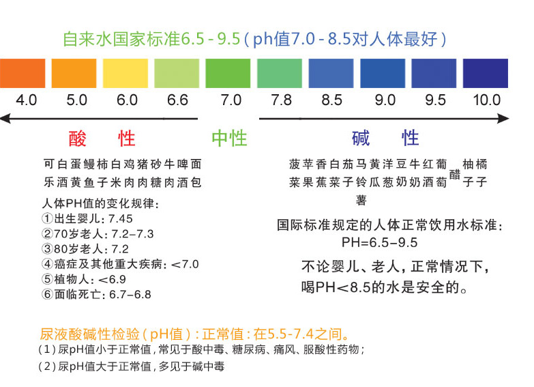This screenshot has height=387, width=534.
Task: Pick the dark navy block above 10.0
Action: click(x=485, y=73)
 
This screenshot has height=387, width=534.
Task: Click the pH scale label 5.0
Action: click(x=76, y=100)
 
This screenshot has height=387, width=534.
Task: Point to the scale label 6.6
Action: click(x=177, y=100)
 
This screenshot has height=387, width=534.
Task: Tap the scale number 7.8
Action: click(x=281, y=100)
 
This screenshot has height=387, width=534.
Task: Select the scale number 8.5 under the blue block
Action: click(x=331, y=100)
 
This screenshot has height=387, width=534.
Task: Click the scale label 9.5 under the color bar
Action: click(x=435, y=100)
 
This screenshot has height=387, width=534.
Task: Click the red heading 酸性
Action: click(x=102, y=139)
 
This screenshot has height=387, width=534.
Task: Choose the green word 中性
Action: click(x=228, y=139)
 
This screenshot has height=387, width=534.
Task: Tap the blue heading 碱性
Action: click(x=385, y=139)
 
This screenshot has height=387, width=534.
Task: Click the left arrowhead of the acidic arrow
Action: click(x=5, y=119)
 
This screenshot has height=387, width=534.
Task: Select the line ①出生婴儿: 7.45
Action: click(x=87, y=219)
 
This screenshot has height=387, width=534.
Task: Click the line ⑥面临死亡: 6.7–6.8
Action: click(x=96, y=295)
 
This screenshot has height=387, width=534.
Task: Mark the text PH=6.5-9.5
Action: click(x=380, y=242)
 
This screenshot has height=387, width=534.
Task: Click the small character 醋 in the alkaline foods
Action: click(x=454, y=173)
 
